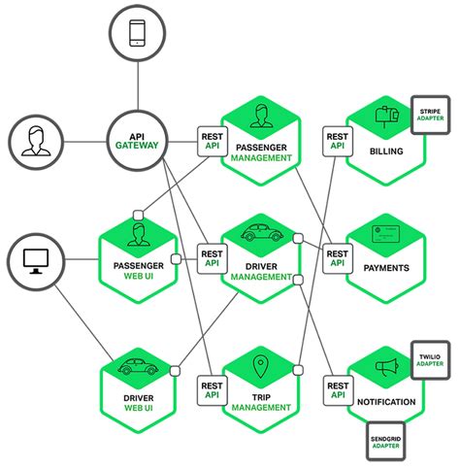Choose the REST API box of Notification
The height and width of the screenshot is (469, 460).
pyautogui.click(x=337, y=387)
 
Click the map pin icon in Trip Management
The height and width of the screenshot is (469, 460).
pyautogui.click(x=259, y=368)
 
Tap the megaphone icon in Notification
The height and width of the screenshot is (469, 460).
pyautogui.click(x=383, y=368)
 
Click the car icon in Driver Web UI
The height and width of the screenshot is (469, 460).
pyautogui.click(x=136, y=368)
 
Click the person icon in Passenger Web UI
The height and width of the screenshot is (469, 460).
pyautogui.click(x=136, y=233)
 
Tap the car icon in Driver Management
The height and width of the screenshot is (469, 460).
pyautogui.click(x=259, y=234)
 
